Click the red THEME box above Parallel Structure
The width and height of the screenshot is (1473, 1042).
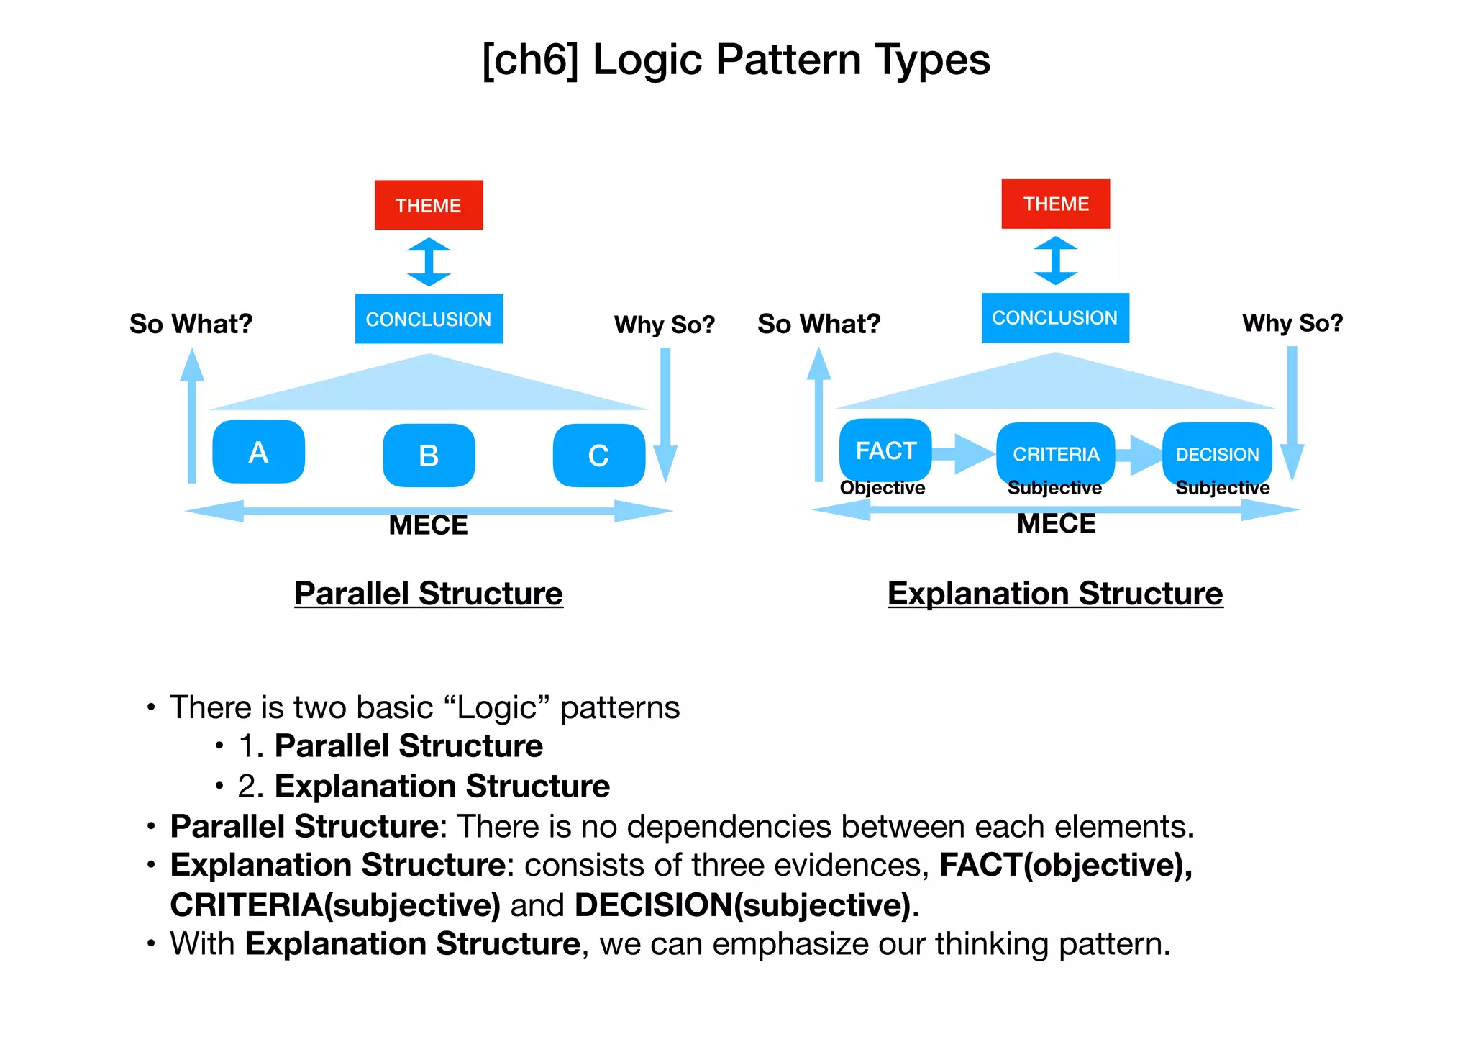coord(429,205)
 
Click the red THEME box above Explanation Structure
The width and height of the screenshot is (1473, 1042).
coord(1055,204)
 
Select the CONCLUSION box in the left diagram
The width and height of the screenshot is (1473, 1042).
coord(429,319)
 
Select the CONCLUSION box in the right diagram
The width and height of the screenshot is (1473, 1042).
coord(1055,317)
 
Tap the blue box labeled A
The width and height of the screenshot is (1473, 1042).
coord(258,452)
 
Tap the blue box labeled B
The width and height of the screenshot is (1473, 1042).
coord(429,456)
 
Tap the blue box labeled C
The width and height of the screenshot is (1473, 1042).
coord(598,456)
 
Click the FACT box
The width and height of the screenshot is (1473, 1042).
coord(885,450)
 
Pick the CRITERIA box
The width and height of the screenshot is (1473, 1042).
coord(1055,453)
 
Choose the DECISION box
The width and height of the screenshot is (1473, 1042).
coord(1217,453)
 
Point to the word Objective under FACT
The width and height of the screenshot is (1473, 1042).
coord(883,488)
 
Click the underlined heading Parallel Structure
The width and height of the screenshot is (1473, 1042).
coord(429,594)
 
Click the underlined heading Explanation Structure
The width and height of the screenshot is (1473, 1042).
coord(1055,594)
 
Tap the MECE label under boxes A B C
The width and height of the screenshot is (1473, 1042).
coord(428,525)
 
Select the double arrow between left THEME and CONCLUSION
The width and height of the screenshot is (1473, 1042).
coord(429,262)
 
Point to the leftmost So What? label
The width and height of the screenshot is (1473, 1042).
coord(191,324)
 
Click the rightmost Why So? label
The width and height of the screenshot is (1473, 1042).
coord(1292,323)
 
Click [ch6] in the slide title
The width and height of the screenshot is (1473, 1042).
coord(529,60)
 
